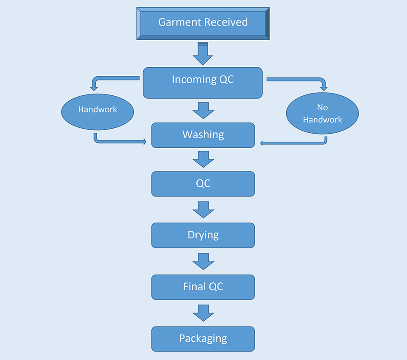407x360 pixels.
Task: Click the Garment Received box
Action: (203, 23)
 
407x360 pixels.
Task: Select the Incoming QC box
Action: (203, 83)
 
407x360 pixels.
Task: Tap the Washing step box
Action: (203, 136)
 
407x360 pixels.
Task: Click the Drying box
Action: (203, 235)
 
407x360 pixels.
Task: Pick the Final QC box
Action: (203, 287)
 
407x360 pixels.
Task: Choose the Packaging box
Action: (203, 339)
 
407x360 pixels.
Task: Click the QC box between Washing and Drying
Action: (203, 184)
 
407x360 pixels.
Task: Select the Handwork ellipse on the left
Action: (98, 112)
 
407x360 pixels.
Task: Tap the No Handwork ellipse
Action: (322, 113)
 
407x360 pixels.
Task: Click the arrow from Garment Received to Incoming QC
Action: (203, 54)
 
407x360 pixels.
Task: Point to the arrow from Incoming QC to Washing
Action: (203, 111)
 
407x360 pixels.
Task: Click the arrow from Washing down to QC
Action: (203, 159)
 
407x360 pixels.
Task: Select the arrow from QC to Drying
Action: (203, 210)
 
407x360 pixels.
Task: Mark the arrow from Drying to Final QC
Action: (203, 262)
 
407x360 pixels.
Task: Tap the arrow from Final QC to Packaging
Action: (203, 313)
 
